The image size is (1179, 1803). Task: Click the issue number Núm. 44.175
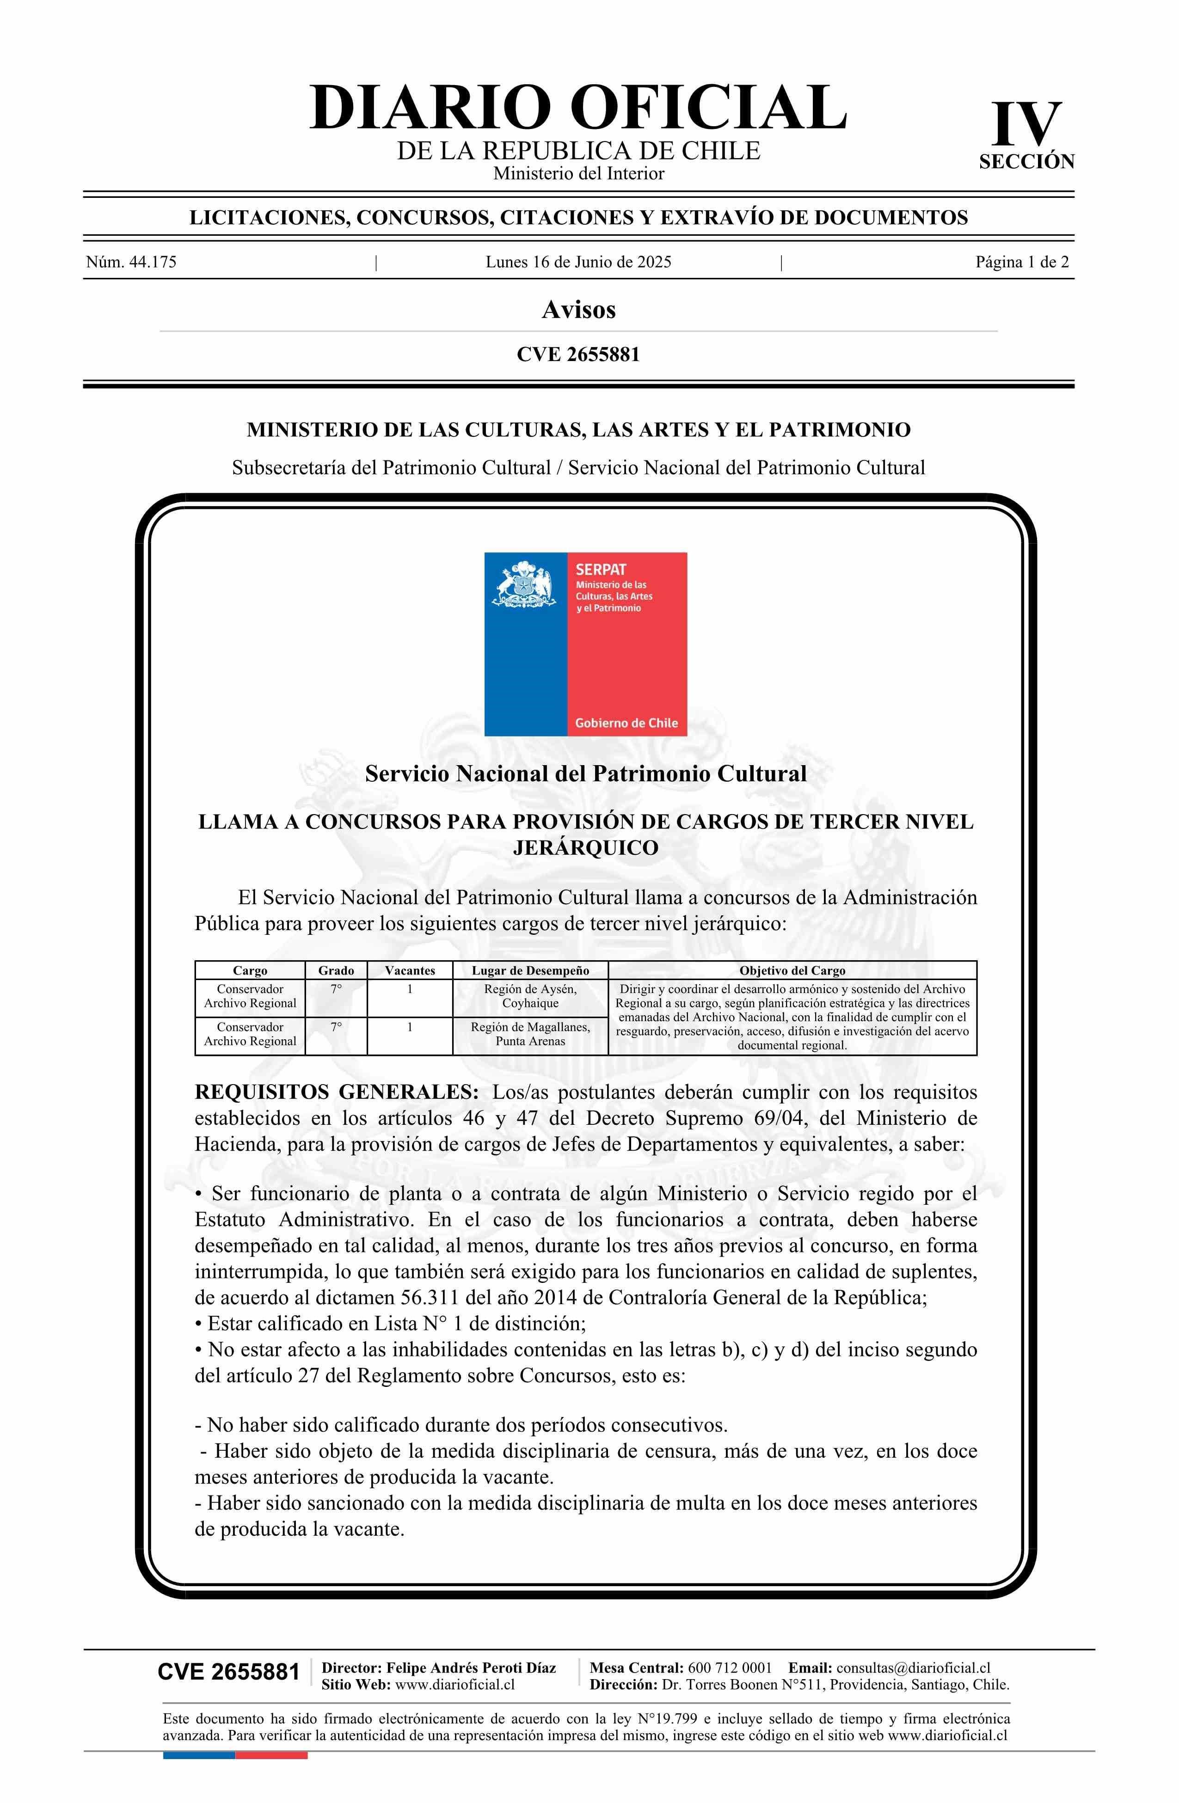pyautogui.click(x=131, y=262)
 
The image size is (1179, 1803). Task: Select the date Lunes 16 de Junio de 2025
pyautogui.click(x=578, y=262)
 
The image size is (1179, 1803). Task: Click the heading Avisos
pyautogui.click(x=578, y=309)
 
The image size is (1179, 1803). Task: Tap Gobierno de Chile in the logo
pyautogui.click(x=626, y=723)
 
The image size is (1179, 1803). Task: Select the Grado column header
pyautogui.click(x=336, y=970)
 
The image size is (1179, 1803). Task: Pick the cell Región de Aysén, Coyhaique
pyautogui.click(x=530, y=996)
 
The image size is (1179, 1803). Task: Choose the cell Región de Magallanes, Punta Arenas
pyautogui.click(x=530, y=1034)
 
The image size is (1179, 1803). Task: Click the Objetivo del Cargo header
pyautogui.click(x=792, y=970)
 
